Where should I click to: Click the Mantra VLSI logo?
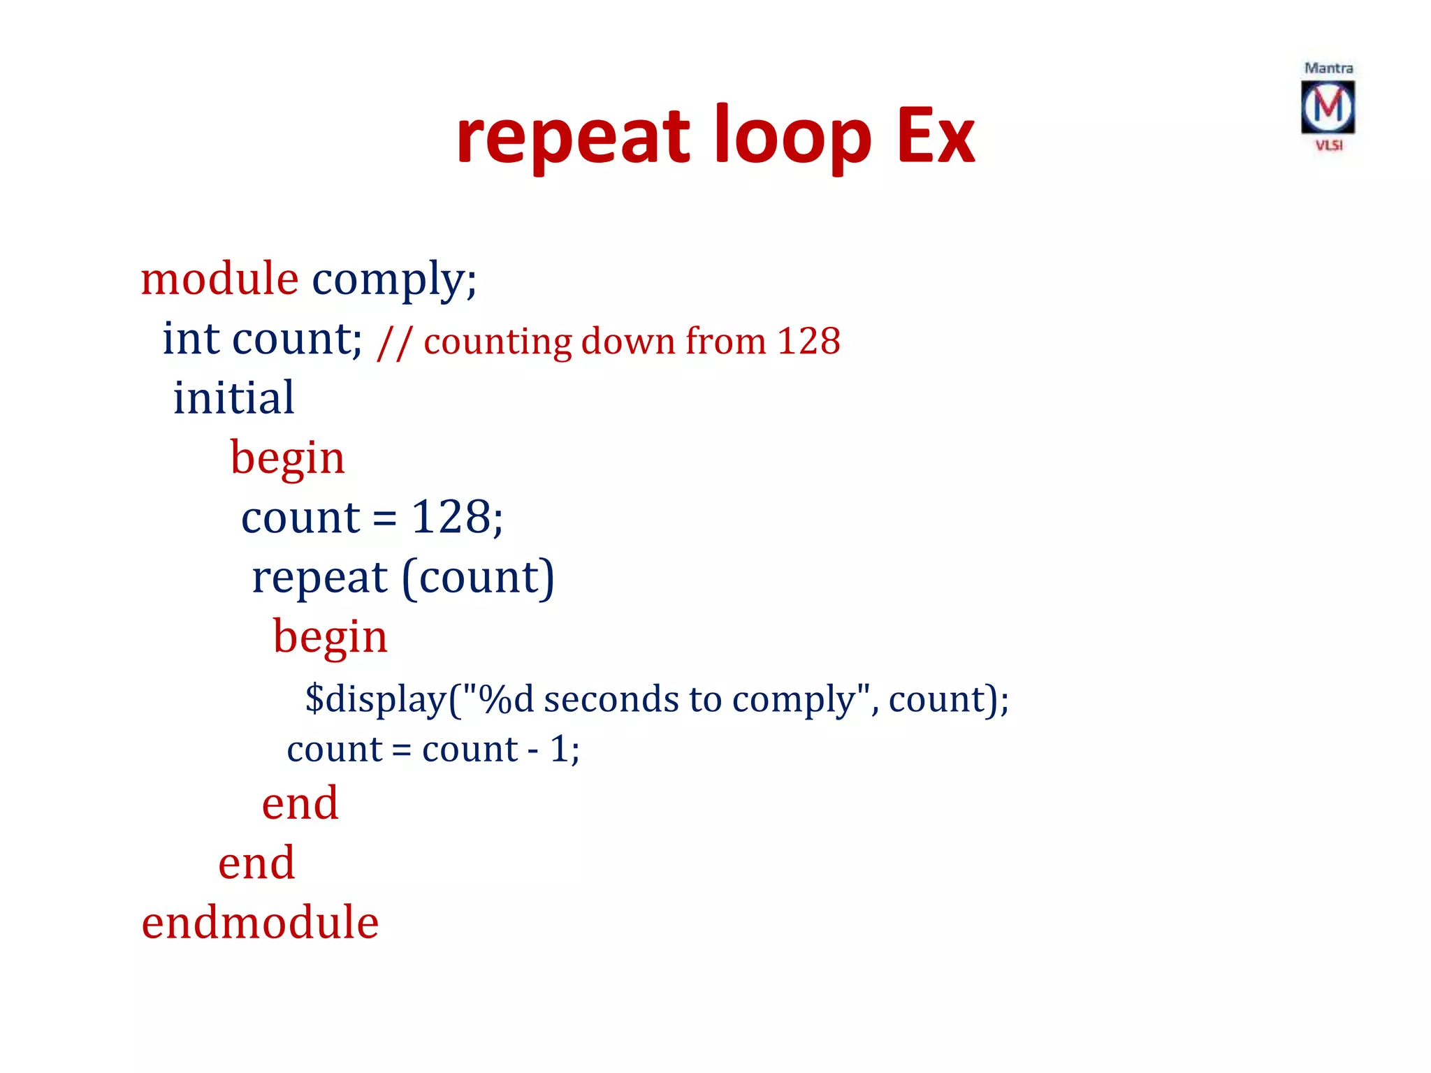click(x=1328, y=108)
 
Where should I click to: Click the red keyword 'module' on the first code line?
click(x=219, y=279)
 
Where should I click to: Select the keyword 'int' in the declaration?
click(x=191, y=339)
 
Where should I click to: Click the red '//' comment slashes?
click(x=394, y=342)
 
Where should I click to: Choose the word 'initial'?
click(x=233, y=398)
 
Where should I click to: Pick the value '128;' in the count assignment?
click(x=457, y=518)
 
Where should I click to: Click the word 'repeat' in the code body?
click(x=319, y=578)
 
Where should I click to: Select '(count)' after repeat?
click(x=479, y=578)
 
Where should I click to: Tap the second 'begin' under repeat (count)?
click(x=330, y=638)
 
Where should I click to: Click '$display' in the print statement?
click(x=375, y=699)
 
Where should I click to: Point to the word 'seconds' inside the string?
click(x=611, y=699)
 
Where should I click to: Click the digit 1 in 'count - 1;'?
click(x=558, y=750)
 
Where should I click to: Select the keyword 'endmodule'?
click(x=260, y=923)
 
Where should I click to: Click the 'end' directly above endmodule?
click(x=256, y=863)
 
